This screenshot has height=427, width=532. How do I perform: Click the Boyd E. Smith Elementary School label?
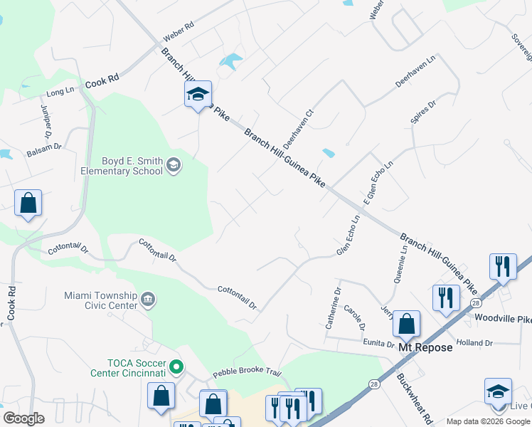[122, 167]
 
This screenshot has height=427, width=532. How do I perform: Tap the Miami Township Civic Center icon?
[149, 298]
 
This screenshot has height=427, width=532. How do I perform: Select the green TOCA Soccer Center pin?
[177, 368]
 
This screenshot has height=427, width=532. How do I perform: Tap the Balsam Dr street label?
[44, 152]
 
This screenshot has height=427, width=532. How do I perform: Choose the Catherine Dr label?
[334, 307]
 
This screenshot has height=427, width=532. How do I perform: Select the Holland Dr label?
[474, 343]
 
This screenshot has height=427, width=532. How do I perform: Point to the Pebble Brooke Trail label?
[247, 374]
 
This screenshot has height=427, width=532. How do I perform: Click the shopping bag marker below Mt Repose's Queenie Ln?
[406, 324]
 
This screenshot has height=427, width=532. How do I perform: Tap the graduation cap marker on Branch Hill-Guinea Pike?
[198, 94]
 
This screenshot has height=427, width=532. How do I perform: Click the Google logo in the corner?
[23, 418]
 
